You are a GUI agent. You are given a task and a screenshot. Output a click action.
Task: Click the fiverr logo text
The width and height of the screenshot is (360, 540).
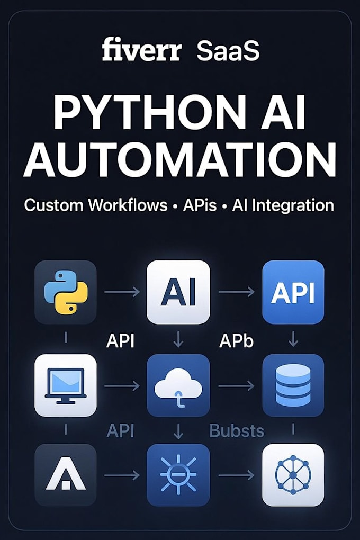click(x=141, y=50)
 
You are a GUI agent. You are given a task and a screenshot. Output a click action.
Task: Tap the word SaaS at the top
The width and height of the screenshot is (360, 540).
click(x=228, y=51)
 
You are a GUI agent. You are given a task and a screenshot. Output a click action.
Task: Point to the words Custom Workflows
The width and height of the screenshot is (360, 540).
click(x=96, y=205)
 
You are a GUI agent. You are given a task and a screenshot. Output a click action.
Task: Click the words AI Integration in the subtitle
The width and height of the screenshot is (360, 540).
click(x=283, y=206)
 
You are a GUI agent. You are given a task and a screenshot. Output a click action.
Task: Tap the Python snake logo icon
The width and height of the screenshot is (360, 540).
click(x=66, y=292)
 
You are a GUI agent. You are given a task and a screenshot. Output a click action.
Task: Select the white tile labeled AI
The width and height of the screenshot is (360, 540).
click(x=178, y=292)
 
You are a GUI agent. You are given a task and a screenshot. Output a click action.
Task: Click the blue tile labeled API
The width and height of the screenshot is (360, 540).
click(x=293, y=292)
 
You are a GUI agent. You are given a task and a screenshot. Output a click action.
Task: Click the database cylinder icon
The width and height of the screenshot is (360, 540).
click(x=293, y=385)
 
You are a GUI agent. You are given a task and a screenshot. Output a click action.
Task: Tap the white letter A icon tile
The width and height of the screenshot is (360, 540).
click(x=66, y=475)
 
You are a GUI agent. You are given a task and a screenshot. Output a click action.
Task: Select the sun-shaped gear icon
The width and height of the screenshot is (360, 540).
click(x=178, y=474)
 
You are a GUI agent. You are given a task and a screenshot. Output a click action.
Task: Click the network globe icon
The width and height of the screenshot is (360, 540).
click(x=293, y=475)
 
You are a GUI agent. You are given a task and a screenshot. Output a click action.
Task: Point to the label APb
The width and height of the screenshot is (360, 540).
click(x=236, y=341)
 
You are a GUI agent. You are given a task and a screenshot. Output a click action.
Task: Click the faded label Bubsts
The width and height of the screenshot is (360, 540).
click(x=237, y=430)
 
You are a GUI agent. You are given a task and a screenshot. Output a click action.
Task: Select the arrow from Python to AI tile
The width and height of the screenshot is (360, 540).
click(x=122, y=292)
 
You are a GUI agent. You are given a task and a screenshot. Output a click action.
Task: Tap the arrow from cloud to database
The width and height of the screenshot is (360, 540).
click(x=236, y=386)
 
